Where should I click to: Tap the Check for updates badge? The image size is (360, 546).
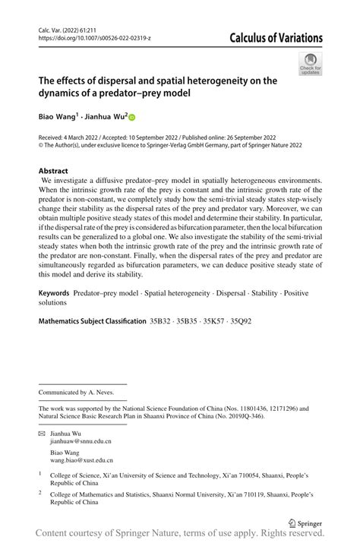pos(310,65)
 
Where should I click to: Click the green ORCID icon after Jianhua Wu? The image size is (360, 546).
pos(131,118)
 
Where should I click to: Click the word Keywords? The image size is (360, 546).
pos(58,292)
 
